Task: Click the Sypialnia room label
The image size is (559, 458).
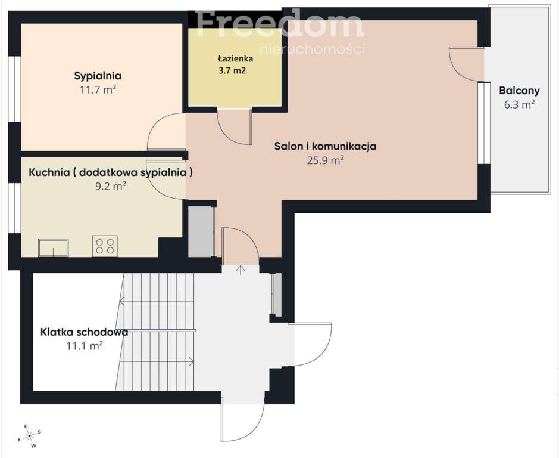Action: point(98,76)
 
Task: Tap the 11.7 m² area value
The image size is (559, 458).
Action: point(98,89)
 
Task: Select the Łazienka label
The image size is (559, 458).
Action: point(236,58)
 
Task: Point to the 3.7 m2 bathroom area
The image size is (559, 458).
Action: point(232,70)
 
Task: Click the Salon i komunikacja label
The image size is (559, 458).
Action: point(325,147)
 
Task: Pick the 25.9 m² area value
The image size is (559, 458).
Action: point(325,160)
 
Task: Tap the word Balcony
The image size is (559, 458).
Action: point(519,91)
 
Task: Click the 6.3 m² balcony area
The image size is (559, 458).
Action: point(519,105)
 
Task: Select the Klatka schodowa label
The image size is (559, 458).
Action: point(84,332)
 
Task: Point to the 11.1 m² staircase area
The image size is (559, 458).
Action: point(85,346)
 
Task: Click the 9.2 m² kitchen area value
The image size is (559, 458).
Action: point(111,186)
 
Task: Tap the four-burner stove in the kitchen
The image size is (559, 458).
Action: point(105,246)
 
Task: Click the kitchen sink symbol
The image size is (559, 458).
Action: point(54,247)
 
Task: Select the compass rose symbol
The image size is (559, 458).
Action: point(29,435)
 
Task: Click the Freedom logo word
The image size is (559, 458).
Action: point(280,24)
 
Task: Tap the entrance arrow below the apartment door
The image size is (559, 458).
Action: point(241,270)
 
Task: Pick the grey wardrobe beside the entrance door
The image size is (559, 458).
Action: point(201,231)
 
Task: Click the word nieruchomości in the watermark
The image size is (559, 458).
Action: point(313,48)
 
